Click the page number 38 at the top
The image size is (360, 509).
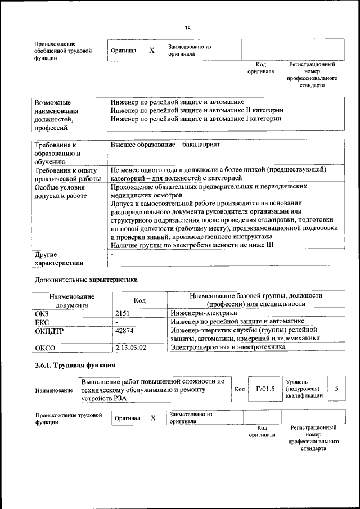click(x=187, y=28)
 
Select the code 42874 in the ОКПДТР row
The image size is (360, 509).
click(x=124, y=330)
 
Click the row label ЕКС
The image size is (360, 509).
click(x=42, y=322)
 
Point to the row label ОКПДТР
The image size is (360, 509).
click(x=49, y=330)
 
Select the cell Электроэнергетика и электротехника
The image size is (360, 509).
click(x=228, y=348)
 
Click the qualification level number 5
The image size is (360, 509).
click(x=336, y=388)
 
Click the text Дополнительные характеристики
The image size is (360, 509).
click(x=86, y=279)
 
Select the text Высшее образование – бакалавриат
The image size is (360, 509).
click(x=165, y=145)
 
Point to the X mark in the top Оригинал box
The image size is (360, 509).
click(x=152, y=50)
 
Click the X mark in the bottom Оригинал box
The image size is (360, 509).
click(x=152, y=418)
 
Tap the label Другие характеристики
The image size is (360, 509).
click(x=59, y=258)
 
